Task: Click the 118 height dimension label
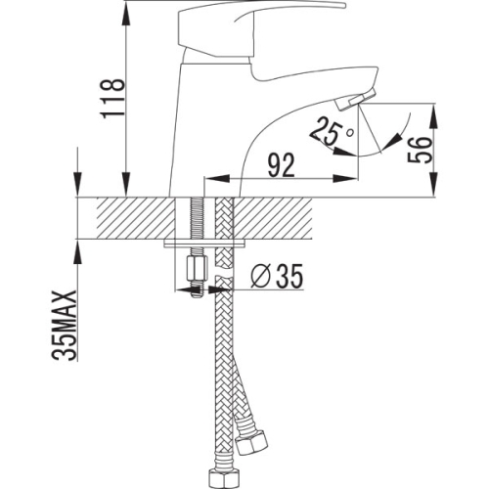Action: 112,99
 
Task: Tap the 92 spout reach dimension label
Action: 281,165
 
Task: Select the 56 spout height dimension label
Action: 420,150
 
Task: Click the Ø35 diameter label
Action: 277,276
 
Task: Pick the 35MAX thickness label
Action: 65,325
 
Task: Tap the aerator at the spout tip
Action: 355,101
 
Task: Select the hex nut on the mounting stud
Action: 197,268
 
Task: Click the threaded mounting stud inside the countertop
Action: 197,218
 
